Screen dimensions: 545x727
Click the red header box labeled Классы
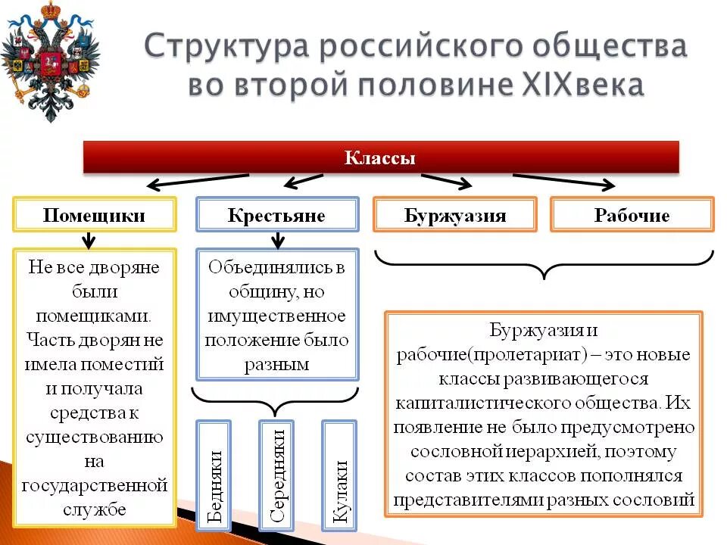click(380, 158)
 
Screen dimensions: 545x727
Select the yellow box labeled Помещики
click(94, 215)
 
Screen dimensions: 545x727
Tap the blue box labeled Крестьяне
click(276, 215)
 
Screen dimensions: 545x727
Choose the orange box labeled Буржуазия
click(454, 215)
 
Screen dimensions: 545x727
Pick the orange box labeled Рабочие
click(632, 215)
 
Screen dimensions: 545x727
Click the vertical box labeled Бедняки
click(214, 475)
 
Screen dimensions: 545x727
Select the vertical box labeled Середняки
click(277, 475)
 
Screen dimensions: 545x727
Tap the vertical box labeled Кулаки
click(340, 475)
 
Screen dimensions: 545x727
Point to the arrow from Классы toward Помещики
click(197, 182)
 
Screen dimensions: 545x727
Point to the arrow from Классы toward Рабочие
click(564, 181)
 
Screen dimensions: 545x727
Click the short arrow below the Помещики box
click(89, 240)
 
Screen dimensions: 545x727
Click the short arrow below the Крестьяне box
click(278, 240)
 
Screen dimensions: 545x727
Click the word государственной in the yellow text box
click(94, 485)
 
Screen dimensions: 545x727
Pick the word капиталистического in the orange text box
click(523, 402)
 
